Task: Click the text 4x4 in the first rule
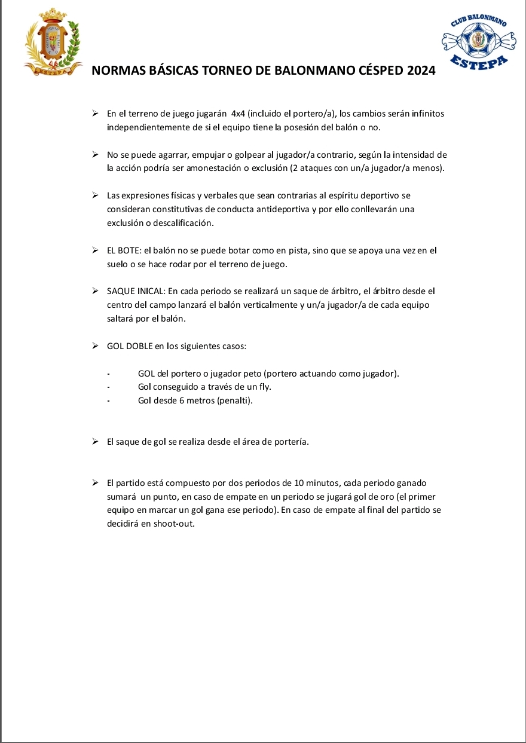(x=238, y=113)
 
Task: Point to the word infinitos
(x=425, y=113)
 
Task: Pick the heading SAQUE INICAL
(x=136, y=291)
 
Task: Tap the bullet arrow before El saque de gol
(x=95, y=442)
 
